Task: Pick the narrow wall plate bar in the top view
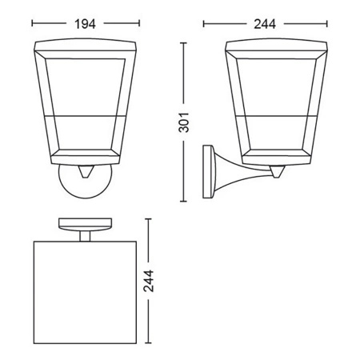(85, 222)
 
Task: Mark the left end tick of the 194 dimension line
(34, 23)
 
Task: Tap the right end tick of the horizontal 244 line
(324, 23)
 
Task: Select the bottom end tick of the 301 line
(187, 204)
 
